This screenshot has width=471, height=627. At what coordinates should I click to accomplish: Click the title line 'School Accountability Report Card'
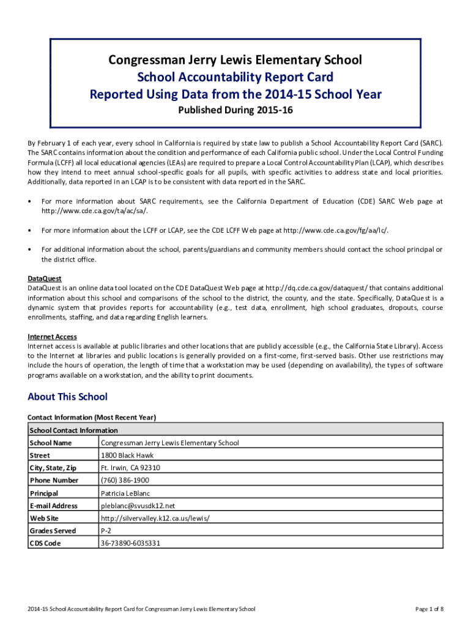tap(235, 77)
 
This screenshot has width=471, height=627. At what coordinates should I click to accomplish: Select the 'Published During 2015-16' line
tap(235, 111)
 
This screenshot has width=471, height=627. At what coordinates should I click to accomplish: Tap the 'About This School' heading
tap(67, 397)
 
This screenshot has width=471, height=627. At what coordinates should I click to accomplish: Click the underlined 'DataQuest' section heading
tap(45, 279)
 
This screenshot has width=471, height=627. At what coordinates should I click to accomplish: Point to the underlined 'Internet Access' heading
tap(52, 337)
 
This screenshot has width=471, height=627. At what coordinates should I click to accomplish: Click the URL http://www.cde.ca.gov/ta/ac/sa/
tap(94, 211)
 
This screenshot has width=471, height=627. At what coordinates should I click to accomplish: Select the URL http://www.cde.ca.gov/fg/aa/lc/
tap(335, 230)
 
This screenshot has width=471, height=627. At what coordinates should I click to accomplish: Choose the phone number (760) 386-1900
tap(125, 481)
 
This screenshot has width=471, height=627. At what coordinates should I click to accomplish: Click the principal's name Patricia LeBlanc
tap(125, 493)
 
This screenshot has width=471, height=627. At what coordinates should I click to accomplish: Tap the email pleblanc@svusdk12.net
tap(138, 506)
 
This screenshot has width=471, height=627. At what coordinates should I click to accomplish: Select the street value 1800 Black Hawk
tap(127, 456)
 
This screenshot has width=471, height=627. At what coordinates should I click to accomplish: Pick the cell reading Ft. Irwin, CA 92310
tap(130, 468)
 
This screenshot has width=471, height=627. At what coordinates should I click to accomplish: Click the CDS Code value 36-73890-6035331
tap(130, 543)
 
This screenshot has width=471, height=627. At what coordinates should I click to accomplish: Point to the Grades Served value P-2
tap(106, 531)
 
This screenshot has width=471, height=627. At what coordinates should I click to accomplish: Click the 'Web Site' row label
tap(44, 518)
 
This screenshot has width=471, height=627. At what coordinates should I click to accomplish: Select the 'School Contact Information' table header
tap(73, 430)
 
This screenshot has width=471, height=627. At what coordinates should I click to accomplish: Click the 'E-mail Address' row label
tap(53, 506)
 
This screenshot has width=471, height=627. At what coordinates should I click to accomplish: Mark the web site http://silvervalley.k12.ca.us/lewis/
tap(155, 518)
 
